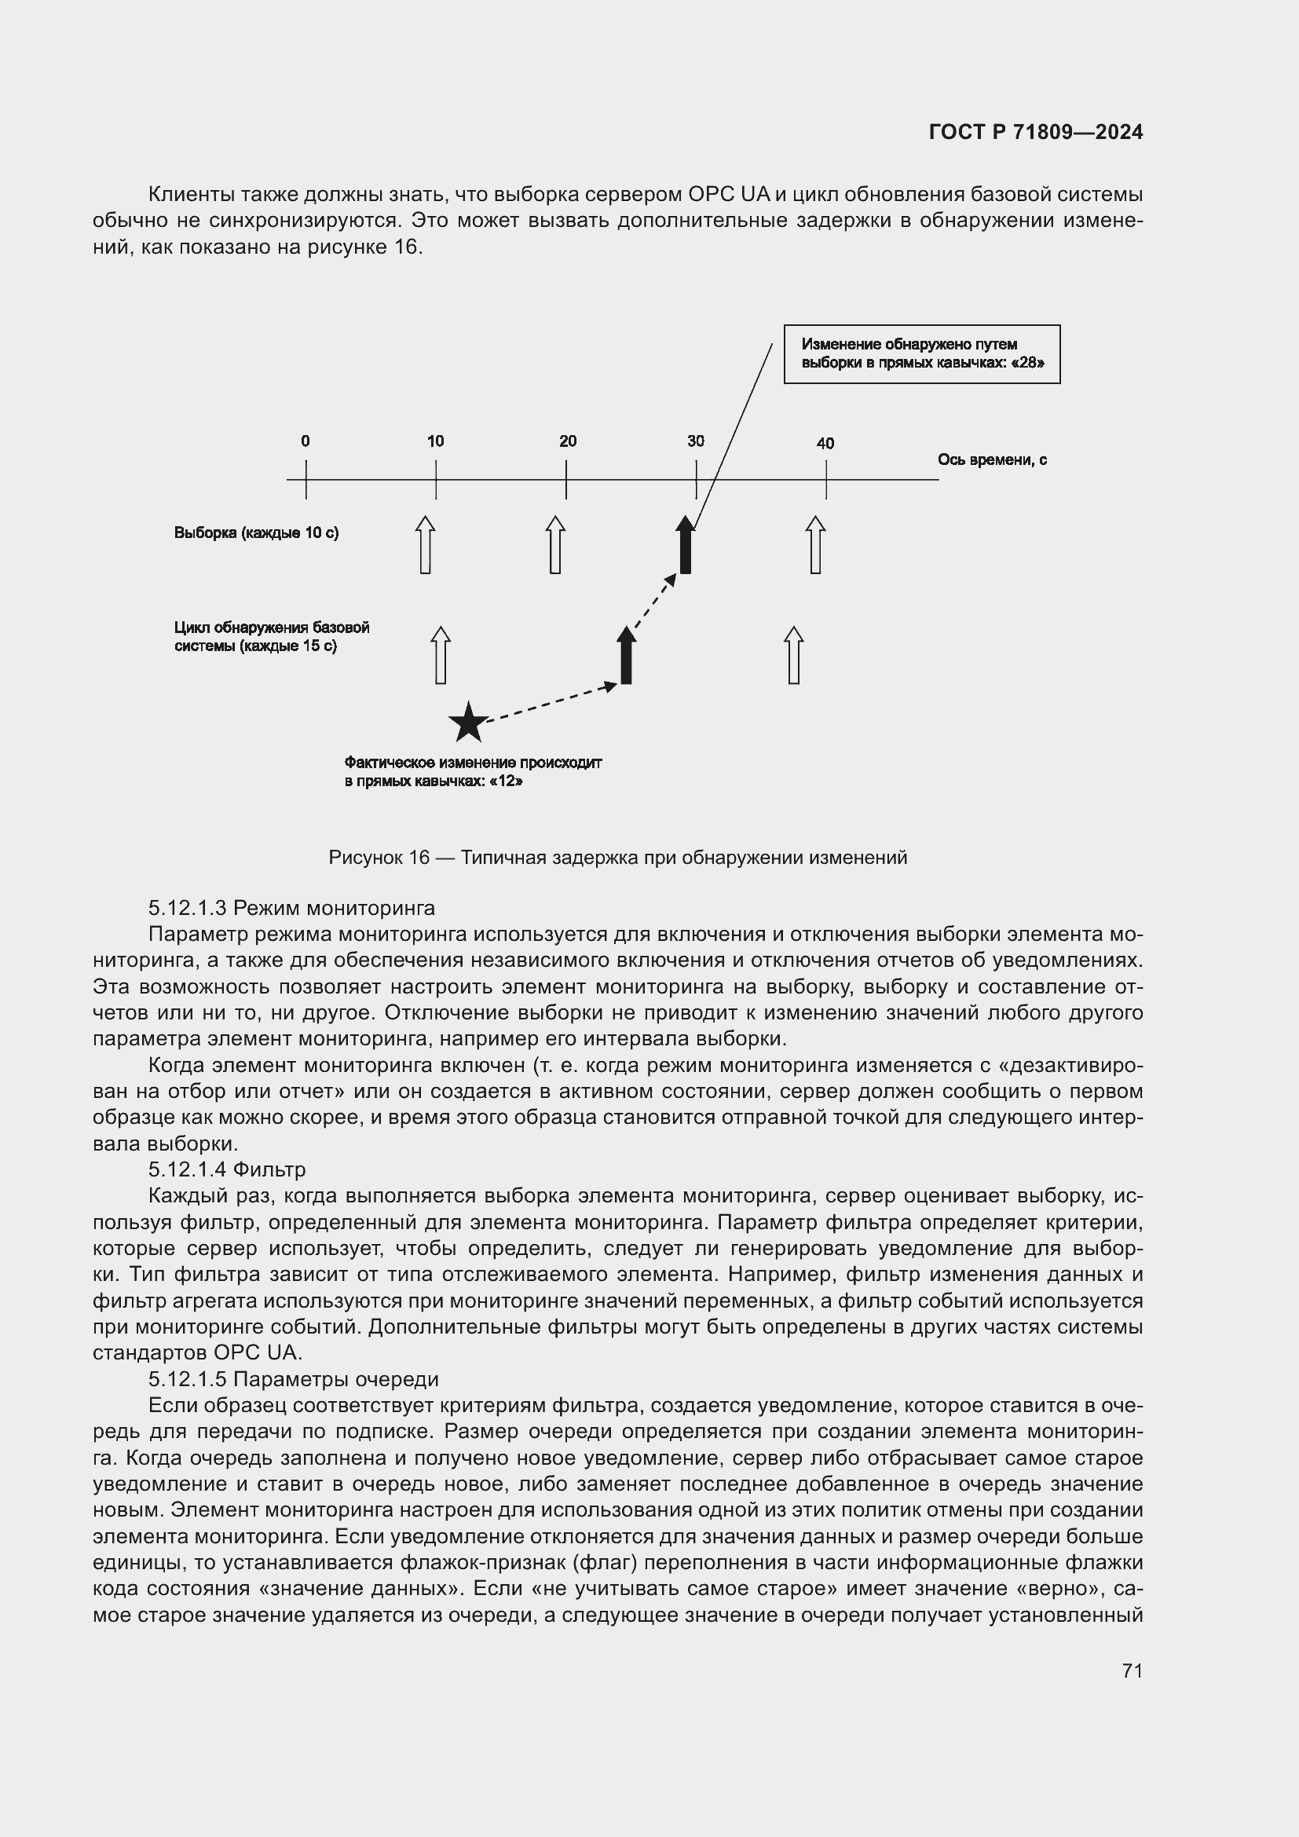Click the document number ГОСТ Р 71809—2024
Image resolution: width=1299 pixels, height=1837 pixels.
[1035, 133]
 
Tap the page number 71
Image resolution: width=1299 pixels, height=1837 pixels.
[1132, 1670]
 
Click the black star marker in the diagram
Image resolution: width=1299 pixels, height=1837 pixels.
[468, 723]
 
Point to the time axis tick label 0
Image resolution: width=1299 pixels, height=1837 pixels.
[306, 441]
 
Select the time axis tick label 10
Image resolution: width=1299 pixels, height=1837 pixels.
[435, 441]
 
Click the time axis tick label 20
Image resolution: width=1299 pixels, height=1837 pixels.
[567, 441]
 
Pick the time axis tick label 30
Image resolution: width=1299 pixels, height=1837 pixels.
[695, 441]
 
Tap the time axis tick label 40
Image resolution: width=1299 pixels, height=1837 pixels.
[825, 443]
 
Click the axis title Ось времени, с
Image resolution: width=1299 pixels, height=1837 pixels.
[992, 460]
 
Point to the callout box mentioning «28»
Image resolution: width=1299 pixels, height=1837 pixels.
[921, 353]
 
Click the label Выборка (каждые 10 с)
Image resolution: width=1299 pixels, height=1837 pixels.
[256, 532]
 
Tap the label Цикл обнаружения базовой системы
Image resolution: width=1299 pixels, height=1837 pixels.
[271, 637]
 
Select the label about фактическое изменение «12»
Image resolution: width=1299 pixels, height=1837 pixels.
[473, 772]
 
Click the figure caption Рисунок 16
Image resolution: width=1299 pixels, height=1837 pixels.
[617, 858]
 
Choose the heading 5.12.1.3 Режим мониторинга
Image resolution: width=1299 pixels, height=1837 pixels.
[291, 908]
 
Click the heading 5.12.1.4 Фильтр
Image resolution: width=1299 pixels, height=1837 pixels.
[226, 1169]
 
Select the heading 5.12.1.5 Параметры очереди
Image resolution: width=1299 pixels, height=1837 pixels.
[293, 1379]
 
